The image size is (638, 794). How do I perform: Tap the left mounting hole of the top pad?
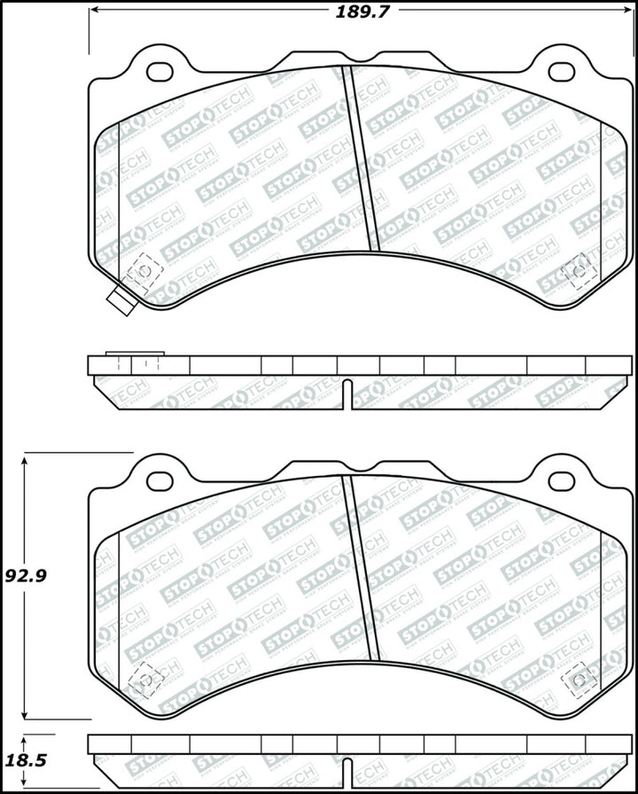[x=160, y=71]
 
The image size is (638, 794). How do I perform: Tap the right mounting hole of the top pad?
[x=562, y=71]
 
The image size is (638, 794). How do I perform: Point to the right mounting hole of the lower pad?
[x=562, y=480]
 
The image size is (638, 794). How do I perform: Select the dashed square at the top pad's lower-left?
[x=142, y=271]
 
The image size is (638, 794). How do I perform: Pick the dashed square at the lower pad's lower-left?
[x=142, y=680]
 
